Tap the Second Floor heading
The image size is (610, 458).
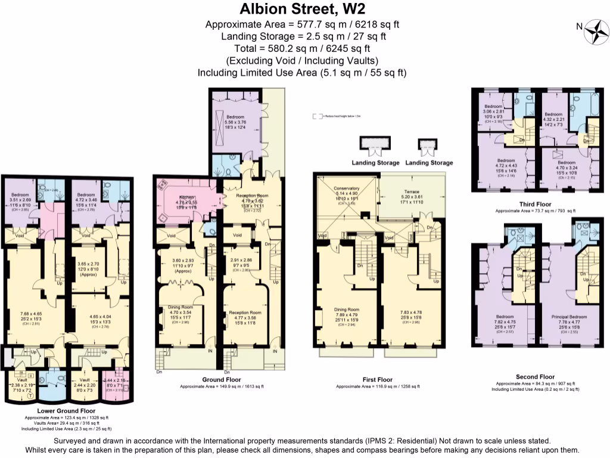click(x=535, y=376)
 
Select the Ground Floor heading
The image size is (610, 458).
click(x=221, y=379)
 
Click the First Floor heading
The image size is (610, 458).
click(x=378, y=379)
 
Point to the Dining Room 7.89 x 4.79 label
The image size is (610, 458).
click(x=346, y=310)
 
